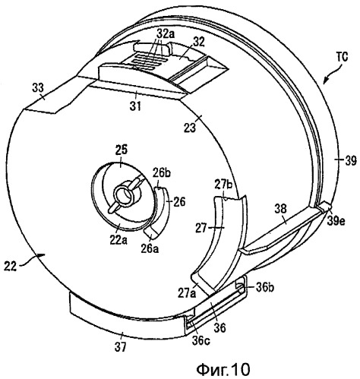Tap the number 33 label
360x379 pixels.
pyautogui.click(x=38, y=89)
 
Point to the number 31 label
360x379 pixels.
pyautogui.click(x=135, y=106)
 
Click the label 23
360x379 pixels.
pyautogui.click(x=190, y=128)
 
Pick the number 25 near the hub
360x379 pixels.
pyautogui.click(x=121, y=150)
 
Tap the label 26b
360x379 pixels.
pyautogui.click(x=161, y=174)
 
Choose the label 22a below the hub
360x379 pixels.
pyautogui.click(x=119, y=240)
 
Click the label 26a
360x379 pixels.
pyautogui.click(x=150, y=249)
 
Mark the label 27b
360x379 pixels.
pyautogui.click(x=223, y=184)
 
